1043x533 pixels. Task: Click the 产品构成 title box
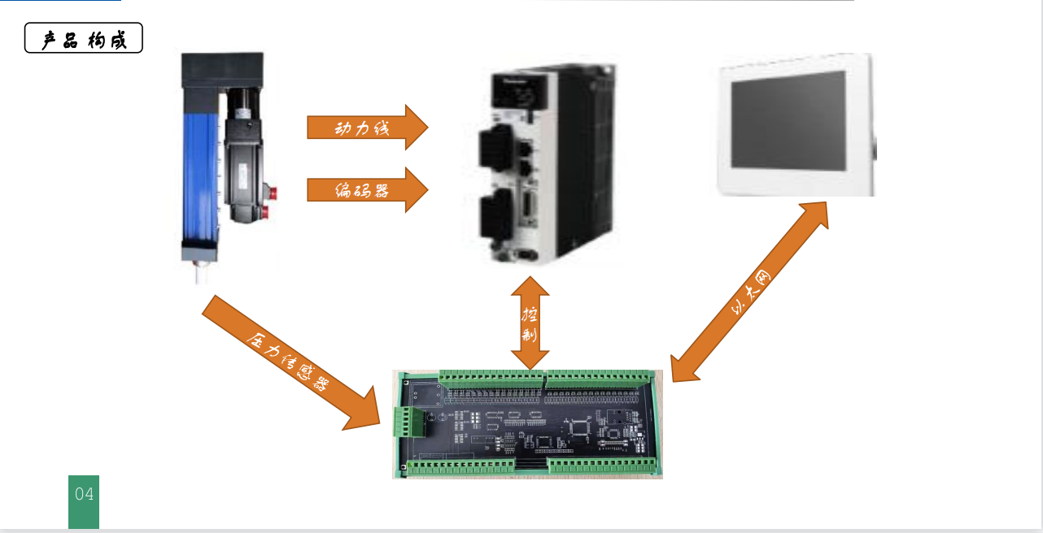coord(84,38)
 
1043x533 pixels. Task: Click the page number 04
coord(84,494)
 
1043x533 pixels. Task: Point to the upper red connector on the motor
coord(274,193)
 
